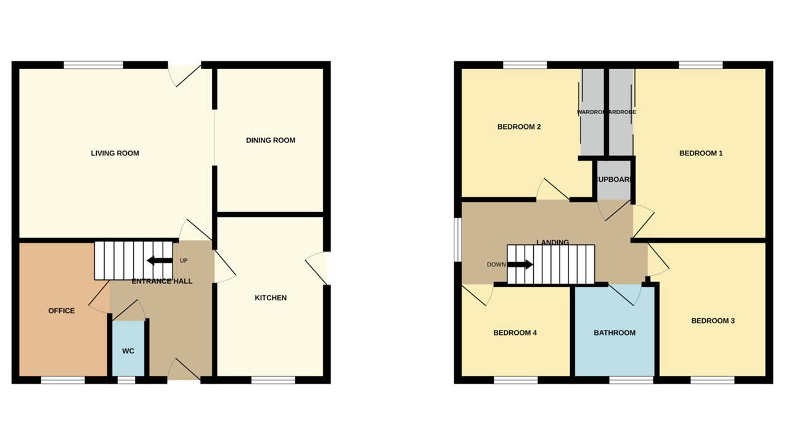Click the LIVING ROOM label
[115, 153]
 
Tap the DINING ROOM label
[271, 140]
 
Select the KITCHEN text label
[271, 298]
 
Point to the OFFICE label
[62, 311]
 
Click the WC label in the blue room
[128, 351]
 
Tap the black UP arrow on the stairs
[160, 260]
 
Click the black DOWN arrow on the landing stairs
[520, 265]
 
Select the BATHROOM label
[615, 333]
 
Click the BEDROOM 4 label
[515, 333]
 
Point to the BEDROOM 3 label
[713, 321]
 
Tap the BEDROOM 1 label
[701, 153]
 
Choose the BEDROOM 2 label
[519, 127]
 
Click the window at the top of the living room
[93, 65]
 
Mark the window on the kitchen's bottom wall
[273, 380]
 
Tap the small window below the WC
[126, 380]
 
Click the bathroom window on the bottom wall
[631, 380]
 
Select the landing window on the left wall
[457, 239]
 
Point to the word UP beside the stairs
[184, 261]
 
